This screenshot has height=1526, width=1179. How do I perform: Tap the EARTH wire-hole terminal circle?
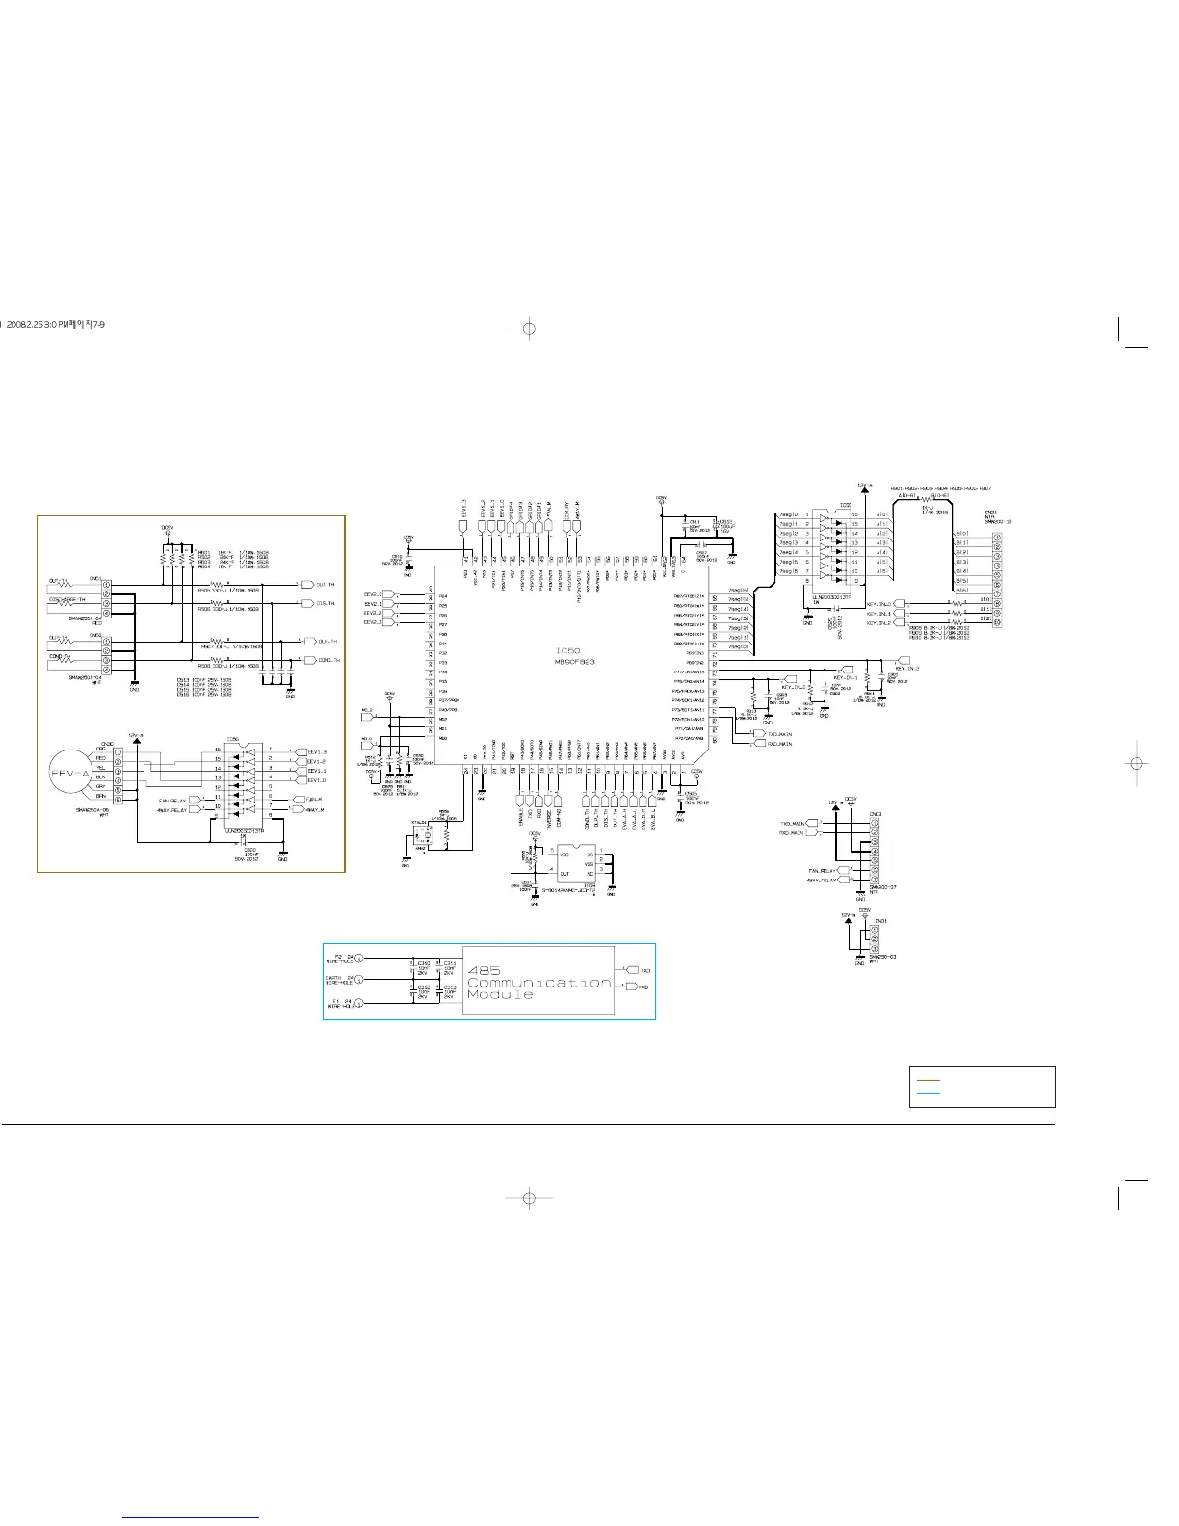coord(358,981)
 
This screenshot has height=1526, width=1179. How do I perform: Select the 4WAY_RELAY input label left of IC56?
coord(178,809)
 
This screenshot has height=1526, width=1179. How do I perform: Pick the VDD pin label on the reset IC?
coord(563,854)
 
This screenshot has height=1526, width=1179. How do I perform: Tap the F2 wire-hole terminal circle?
coord(358,959)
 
